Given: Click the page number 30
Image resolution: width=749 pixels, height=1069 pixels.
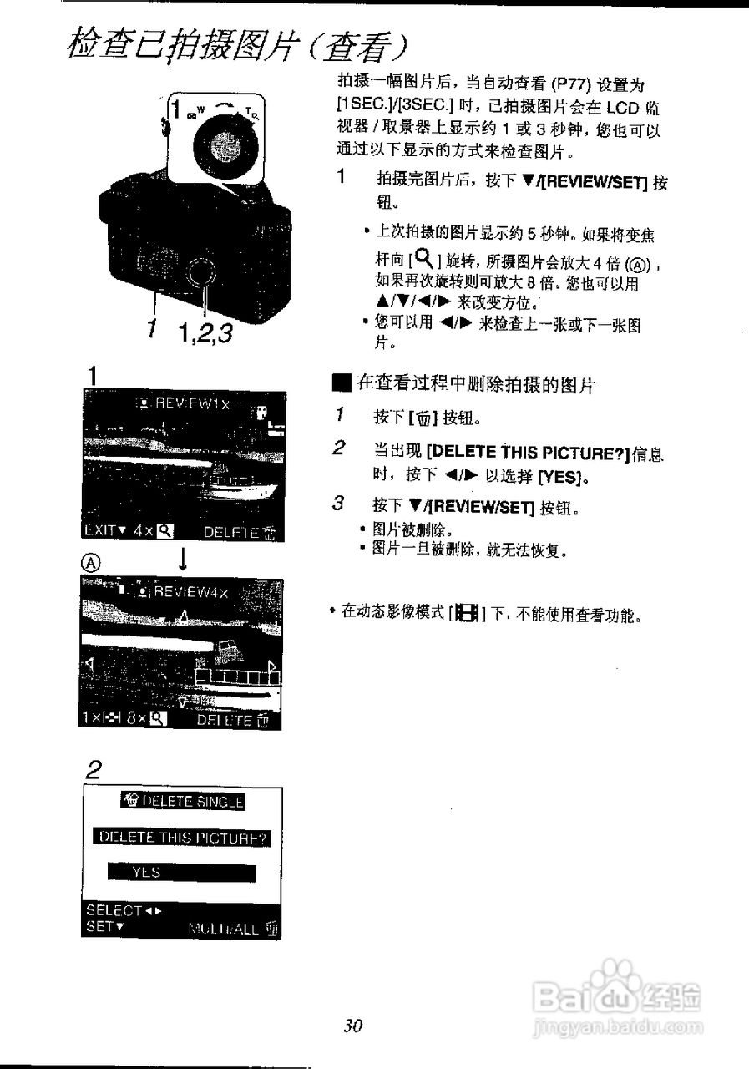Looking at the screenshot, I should click(x=353, y=1026).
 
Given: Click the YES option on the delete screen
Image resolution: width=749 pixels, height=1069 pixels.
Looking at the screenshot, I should click(x=181, y=873).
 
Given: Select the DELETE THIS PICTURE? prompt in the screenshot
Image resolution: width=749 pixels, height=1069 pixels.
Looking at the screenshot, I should click(x=182, y=837).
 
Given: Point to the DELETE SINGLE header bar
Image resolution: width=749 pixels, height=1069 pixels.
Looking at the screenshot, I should click(x=182, y=802).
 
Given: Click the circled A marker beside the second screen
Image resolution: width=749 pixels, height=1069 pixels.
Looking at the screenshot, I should click(x=91, y=563).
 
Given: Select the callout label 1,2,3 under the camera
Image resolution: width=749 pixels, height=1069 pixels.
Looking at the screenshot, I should click(x=205, y=333).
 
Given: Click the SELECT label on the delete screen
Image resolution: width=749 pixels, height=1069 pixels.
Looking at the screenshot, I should click(x=114, y=910).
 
